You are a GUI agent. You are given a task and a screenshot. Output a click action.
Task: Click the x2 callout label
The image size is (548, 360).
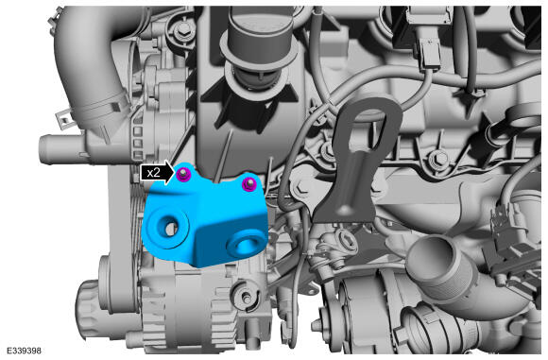153,173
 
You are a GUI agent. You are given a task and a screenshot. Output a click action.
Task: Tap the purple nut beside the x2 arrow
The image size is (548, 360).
182,174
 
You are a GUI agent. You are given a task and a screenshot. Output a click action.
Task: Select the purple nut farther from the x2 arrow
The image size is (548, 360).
248,184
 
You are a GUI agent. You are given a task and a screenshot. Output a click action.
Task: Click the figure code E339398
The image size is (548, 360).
24,351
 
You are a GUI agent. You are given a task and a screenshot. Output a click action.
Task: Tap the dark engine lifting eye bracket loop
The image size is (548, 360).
367,122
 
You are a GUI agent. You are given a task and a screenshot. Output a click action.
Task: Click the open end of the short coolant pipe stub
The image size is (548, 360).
43,149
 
